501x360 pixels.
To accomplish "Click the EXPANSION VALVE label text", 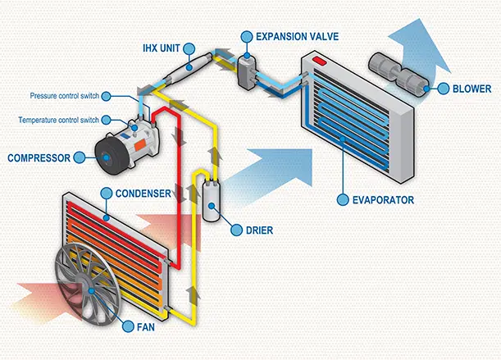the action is click(x=297, y=36).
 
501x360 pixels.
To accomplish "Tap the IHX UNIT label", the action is click(x=162, y=48).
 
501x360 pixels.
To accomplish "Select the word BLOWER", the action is click(x=472, y=89).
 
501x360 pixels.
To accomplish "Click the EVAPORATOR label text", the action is click(x=383, y=200).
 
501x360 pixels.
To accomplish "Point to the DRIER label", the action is click(x=259, y=230).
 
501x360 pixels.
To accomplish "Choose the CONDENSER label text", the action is click(x=143, y=194).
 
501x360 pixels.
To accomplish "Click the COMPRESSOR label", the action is click(x=39, y=157).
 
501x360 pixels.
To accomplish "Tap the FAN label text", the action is click(x=146, y=327).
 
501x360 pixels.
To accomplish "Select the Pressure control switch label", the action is click(x=65, y=96).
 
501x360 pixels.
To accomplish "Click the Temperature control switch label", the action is click(x=59, y=120).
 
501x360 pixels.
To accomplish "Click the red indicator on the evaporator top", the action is click(x=320, y=61).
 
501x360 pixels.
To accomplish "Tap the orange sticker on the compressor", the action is click(x=140, y=145).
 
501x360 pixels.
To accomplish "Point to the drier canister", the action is click(x=212, y=200).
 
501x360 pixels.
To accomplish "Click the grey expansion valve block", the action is click(x=247, y=71).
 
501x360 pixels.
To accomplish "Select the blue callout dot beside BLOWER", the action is click(x=443, y=89).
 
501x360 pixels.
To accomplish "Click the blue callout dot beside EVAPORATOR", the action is click(x=343, y=200).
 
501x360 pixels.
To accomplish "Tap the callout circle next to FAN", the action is click(x=128, y=326).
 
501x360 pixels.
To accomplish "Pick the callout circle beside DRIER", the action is click(x=236, y=230).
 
